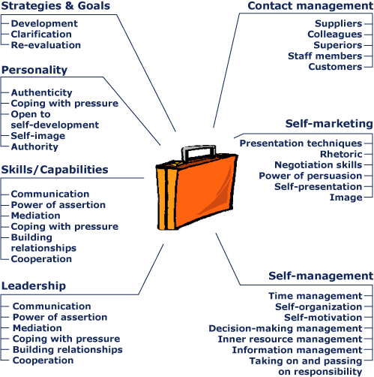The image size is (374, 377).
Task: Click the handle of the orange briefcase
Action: pyautogui.click(x=199, y=147)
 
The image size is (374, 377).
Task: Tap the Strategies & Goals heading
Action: pyautogui.click(x=55, y=6)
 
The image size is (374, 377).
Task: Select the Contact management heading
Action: pyautogui.click(x=310, y=6)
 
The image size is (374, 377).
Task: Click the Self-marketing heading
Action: pyautogui.click(x=329, y=124)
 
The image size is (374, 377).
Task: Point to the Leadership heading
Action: pyautogui.click(x=34, y=286)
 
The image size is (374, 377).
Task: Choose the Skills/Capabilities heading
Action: pyautogui.click(x=55, y=170)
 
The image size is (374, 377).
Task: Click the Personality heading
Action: pyautogui.click(x=34, y=70)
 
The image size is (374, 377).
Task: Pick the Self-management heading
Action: pyautogui.click(x=321, y=276)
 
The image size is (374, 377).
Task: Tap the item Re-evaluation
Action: pyautogui.click(x=46, y=45)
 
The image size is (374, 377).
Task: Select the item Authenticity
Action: pyautogui.click(x=42, y=92)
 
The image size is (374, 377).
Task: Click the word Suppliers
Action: pyautogui.click(x=339, y=23)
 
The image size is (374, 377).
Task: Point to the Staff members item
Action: pyautogui.click(x=325, y=56)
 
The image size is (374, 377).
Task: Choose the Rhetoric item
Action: pyautogui.click(x=341, y=154)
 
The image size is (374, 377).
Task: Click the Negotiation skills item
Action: pyautogui.click(x=319, y=165)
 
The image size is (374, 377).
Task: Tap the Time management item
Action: pyautogui.click(x=316, y=296)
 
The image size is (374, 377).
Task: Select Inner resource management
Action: pyautogui.click(x=290, y=339)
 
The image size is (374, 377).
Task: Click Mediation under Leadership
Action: pyautogui.click(x=37, y=328)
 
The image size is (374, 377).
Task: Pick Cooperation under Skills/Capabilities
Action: pyautogui.click(x=41, y=259)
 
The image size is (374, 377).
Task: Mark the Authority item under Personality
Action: pyautogui.click(x=34, y=146)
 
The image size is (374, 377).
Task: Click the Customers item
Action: pyautogui.click(x=335, y=67)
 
